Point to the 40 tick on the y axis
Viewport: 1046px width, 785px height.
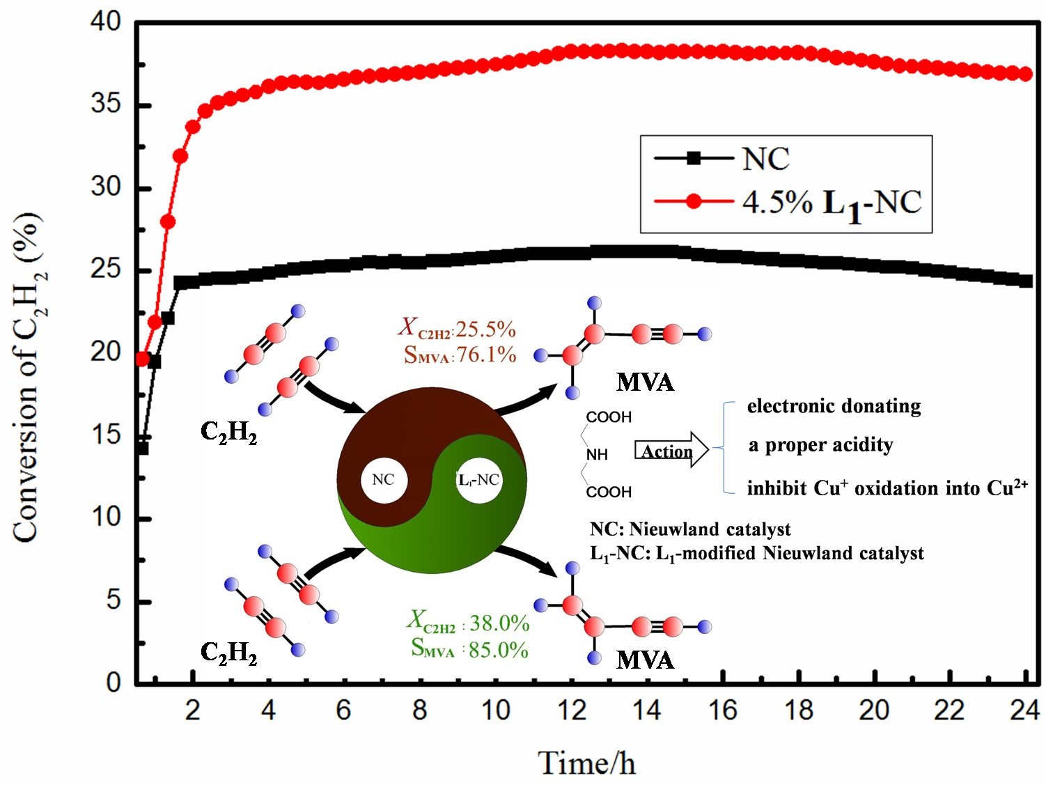click(x=105, y=22)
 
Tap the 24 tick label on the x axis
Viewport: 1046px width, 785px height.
click(x=1024, y=710)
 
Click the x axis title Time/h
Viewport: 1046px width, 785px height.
click(x=586, y=763)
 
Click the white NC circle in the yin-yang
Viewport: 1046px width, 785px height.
click(x=384, y=480)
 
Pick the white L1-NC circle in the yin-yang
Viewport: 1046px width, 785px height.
click(x=479, y=480)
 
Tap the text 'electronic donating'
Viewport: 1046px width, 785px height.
click(x=834, y=406)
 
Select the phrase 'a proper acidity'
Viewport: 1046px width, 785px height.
click(x=820, y=445)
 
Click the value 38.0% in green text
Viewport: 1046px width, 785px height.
click(x=499, y=623)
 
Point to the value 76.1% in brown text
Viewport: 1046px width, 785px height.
click(x=486, y=355)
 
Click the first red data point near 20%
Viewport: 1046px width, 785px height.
click(x=143, y=359)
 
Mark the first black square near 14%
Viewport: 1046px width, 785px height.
click(x=142, y=449)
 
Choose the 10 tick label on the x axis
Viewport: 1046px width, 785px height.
click(x=495, y=710)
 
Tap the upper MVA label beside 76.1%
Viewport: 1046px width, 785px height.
click(x=645, y=382)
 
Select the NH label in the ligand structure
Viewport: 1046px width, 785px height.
click(x=597, y=455)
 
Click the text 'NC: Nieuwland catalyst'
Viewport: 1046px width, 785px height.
click(x=689, y=529)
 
